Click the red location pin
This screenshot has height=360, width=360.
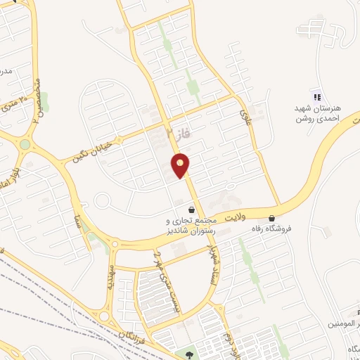point(181,166)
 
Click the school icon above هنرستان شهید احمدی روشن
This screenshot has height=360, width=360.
point(316,96)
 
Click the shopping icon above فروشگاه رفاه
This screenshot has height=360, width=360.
point(272,219)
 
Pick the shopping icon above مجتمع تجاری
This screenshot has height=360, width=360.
point(191,209)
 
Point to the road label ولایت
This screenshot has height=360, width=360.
point(250,218)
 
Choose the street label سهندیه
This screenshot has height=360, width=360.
point(110,279)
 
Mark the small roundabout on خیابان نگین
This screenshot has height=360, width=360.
point(25,144)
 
